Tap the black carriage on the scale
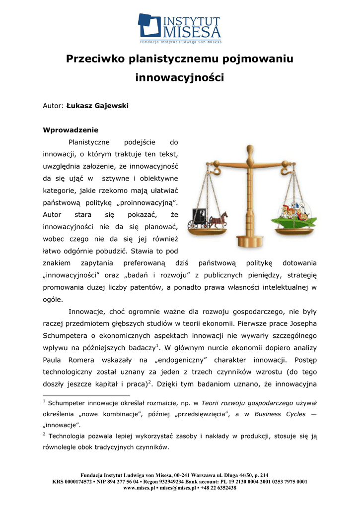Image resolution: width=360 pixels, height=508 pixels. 199,218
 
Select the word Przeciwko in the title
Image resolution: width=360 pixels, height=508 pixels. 96,59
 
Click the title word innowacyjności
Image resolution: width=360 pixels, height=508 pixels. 180,78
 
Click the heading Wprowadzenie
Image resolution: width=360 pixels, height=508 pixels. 71,130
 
